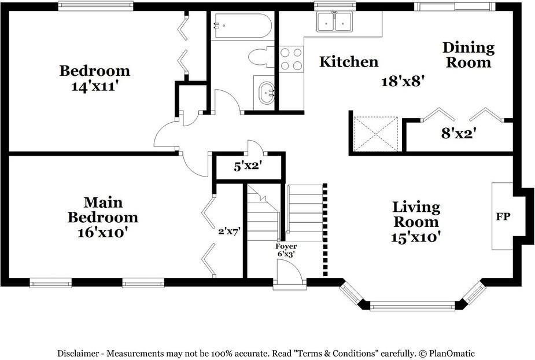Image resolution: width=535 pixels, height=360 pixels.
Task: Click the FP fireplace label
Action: coord(503,216)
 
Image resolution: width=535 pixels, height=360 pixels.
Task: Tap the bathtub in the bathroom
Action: coord(242,26)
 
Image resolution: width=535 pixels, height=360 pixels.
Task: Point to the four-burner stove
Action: coord(292,59)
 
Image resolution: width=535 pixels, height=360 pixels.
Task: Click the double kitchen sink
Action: coord(335,21)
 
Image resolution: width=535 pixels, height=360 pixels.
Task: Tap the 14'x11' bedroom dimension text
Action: coord(95,86)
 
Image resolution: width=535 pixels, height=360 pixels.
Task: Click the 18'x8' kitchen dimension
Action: coord(403,81)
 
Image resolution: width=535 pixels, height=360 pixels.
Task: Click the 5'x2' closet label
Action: coord(248,166)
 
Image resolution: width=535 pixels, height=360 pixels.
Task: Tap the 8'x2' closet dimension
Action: coord(459,133)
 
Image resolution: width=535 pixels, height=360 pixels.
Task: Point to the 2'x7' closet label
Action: coord(229,232)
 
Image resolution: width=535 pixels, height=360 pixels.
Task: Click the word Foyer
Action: coord(286,246)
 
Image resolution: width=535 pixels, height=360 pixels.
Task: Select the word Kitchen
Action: coord(349,62)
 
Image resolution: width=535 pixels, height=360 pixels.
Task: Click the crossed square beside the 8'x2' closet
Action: coord(376,134)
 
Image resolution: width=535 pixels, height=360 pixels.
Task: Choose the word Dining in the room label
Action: coord(468,48)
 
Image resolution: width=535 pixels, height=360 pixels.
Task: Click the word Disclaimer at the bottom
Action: coord(78,353)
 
